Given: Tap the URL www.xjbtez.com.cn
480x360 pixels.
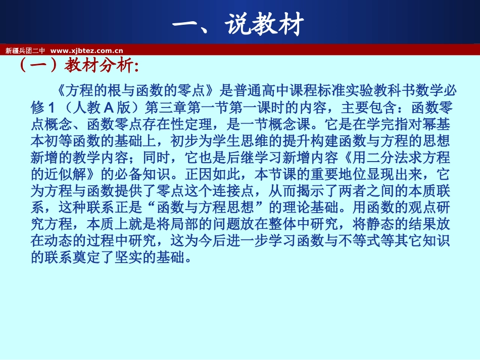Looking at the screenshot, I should [87, 50].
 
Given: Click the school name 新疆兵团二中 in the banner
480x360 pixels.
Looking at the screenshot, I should [25, 50].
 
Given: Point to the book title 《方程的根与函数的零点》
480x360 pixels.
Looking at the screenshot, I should [134, 90].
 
